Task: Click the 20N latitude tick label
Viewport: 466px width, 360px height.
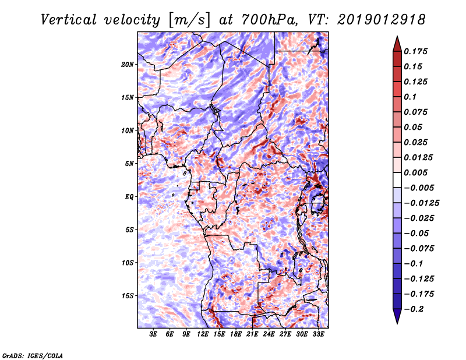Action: [x=128, y=65]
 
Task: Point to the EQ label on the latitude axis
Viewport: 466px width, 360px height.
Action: [x=129, y=197]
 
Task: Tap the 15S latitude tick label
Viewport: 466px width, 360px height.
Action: [x=128, y=296]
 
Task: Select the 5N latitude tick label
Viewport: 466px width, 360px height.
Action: [x=129, y=164]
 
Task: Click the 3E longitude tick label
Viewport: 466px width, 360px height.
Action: [x=153, y=334]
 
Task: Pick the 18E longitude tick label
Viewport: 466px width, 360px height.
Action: [x=236, y=334]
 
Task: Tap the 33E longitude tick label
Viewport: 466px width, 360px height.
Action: [x=318, y=334]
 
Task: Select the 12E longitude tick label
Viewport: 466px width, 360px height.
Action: [x=203, y=334]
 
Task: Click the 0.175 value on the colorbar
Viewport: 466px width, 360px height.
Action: [x=415, y=51]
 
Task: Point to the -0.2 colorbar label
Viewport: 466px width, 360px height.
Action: [x=414, y=309]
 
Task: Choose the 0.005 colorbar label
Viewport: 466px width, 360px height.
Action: [x=415, y=172]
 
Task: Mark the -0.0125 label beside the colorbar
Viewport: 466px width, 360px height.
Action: [x=421, y=203]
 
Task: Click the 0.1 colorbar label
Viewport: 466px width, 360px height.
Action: [x=410, y=97]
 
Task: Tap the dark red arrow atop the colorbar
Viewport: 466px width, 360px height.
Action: [x=397, y=44]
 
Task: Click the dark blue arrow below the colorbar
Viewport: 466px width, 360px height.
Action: [x=397, y=316]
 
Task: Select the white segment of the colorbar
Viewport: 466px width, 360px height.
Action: [x=397, y=180]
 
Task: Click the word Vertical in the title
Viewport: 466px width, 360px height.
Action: [x=69, y=20]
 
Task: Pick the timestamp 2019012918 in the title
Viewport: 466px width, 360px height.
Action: [x=382, y=20]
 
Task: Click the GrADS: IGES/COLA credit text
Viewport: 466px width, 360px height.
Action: [x=33, y=356]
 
